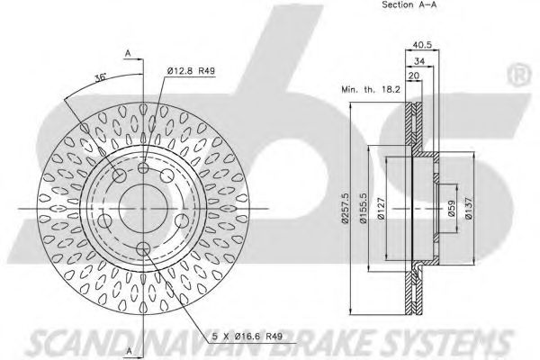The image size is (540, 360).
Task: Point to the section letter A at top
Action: click(x=130, y=55)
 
